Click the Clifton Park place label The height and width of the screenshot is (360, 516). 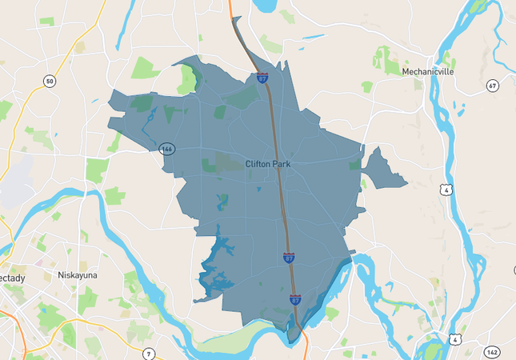[267, 164]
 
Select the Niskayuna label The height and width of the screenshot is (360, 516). [77, 275]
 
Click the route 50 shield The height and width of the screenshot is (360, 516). [50, 82]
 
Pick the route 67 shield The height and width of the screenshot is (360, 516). [492, 86]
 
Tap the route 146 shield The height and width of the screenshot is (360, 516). [167, 149]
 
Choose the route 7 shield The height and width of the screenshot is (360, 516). [147, 352]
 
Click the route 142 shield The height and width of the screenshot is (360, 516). [492, 352]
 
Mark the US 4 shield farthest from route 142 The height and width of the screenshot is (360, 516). [445, 190]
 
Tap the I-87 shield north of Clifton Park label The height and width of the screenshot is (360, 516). [262, 78]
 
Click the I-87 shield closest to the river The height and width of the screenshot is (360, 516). [295, 300]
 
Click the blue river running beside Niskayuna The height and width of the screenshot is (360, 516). [120, 248]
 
